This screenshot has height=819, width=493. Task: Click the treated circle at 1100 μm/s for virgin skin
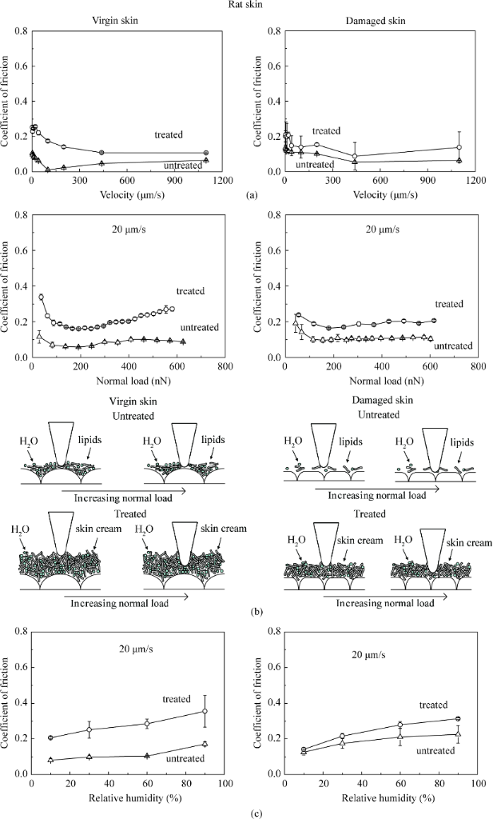[206, 152]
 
